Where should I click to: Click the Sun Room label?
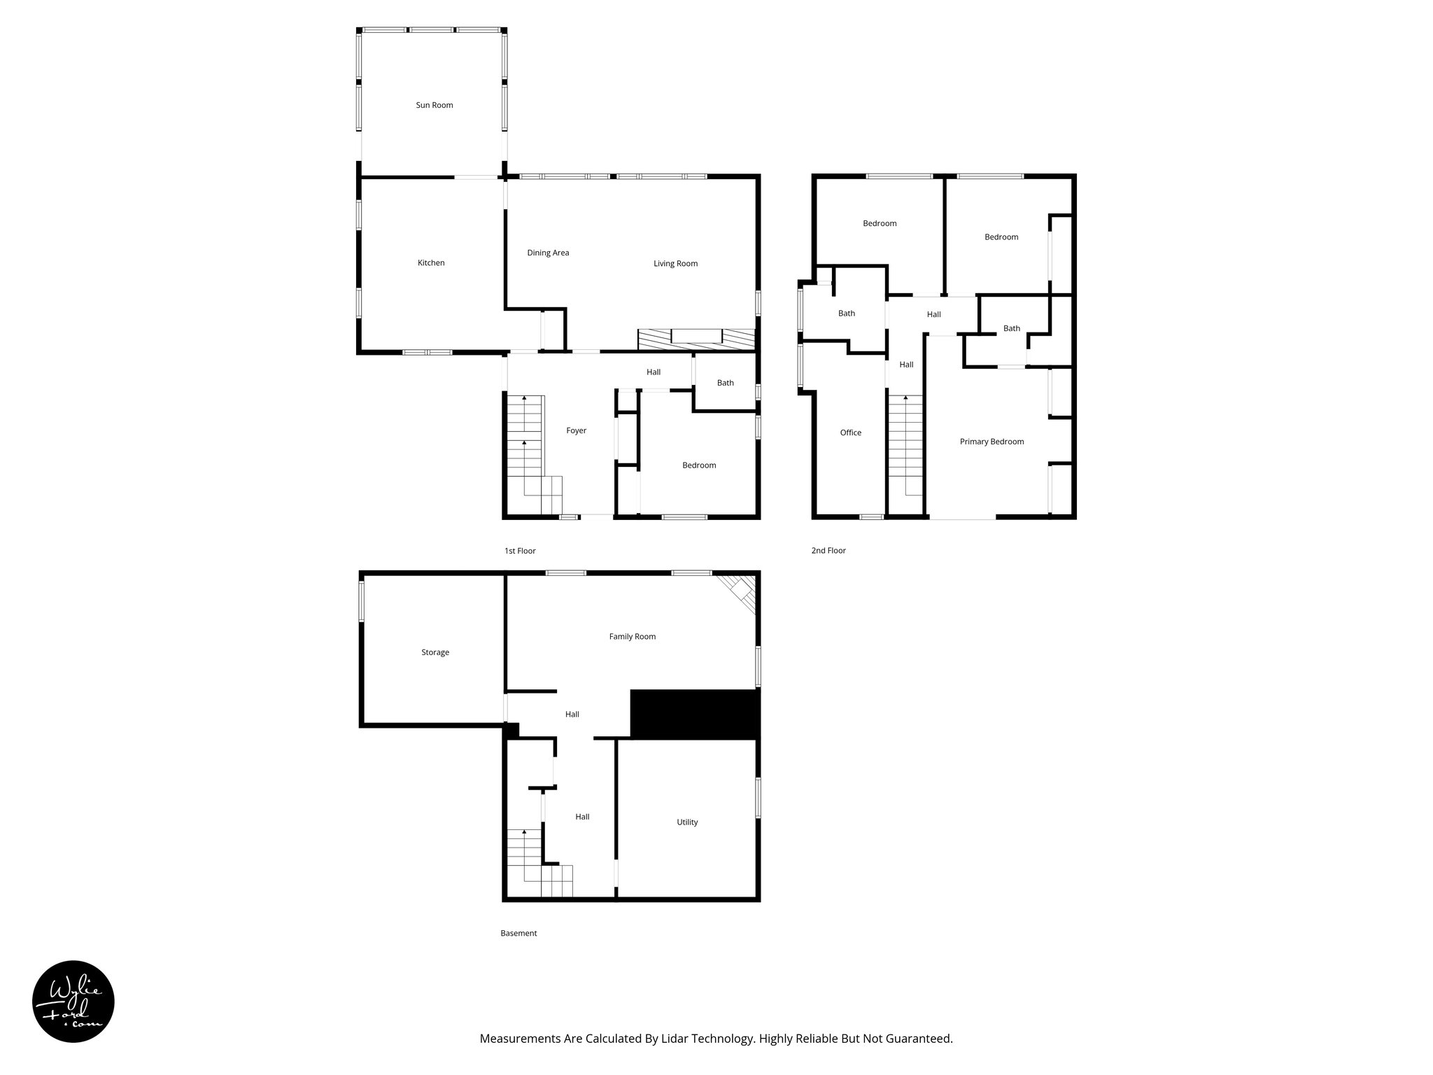coord(435,105)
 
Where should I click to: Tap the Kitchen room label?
coord(431,263)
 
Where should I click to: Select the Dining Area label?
coord(548,253)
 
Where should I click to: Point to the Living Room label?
coord(675,264)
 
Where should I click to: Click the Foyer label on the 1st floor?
coord(576,431)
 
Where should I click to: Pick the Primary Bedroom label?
coord(991,442)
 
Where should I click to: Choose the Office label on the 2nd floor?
coord(850,433)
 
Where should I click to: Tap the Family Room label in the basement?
coord(632,637)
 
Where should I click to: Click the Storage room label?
coord(435,652)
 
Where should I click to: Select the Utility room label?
coord(687,822)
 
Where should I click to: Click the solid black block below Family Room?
coord(694,714)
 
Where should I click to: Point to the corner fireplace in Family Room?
coord(740,591)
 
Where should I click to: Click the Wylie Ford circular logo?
coord(73,1002)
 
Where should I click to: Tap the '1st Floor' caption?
coord(520,551)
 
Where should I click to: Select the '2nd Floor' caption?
coord(828,551)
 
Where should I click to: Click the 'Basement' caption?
coord(518,934)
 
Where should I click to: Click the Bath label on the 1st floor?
coord(725,383)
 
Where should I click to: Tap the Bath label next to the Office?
coord(846,314)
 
